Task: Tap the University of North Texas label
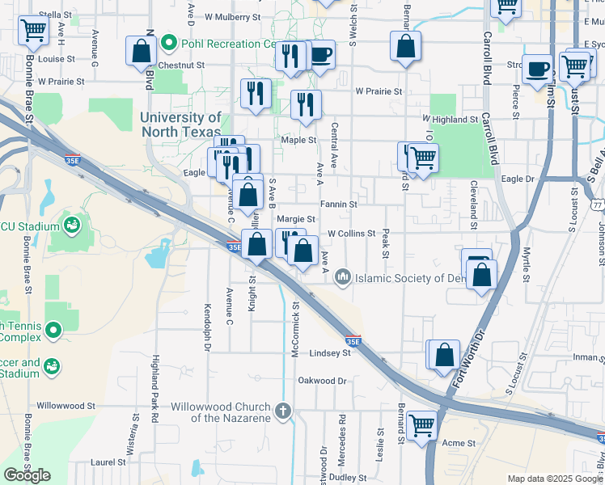pyautogui.click(x=180, y=124)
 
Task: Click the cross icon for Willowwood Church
pyautogui.click(x=283, y=411)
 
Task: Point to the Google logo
pyautogui.click(x=27, y=474)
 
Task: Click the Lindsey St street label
pyautogui.click(x=329, y=354)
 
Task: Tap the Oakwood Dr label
pyautogui.click(x=322, y=380)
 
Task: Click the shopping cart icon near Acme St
pyautogui.click(x=422, y=424)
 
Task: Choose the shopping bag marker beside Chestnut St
pyautogui.click(x=142, y=50)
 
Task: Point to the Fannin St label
pyautogui.click(x=338, y=205)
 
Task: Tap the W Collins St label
pyautogui.click(x=351, y=234)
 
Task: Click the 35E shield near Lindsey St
pyautogui.click(x=353, y=342)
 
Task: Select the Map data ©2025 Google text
pyautogui.click(x=555, y=479)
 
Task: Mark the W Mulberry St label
pyautogui.click(x=233, y=15)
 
